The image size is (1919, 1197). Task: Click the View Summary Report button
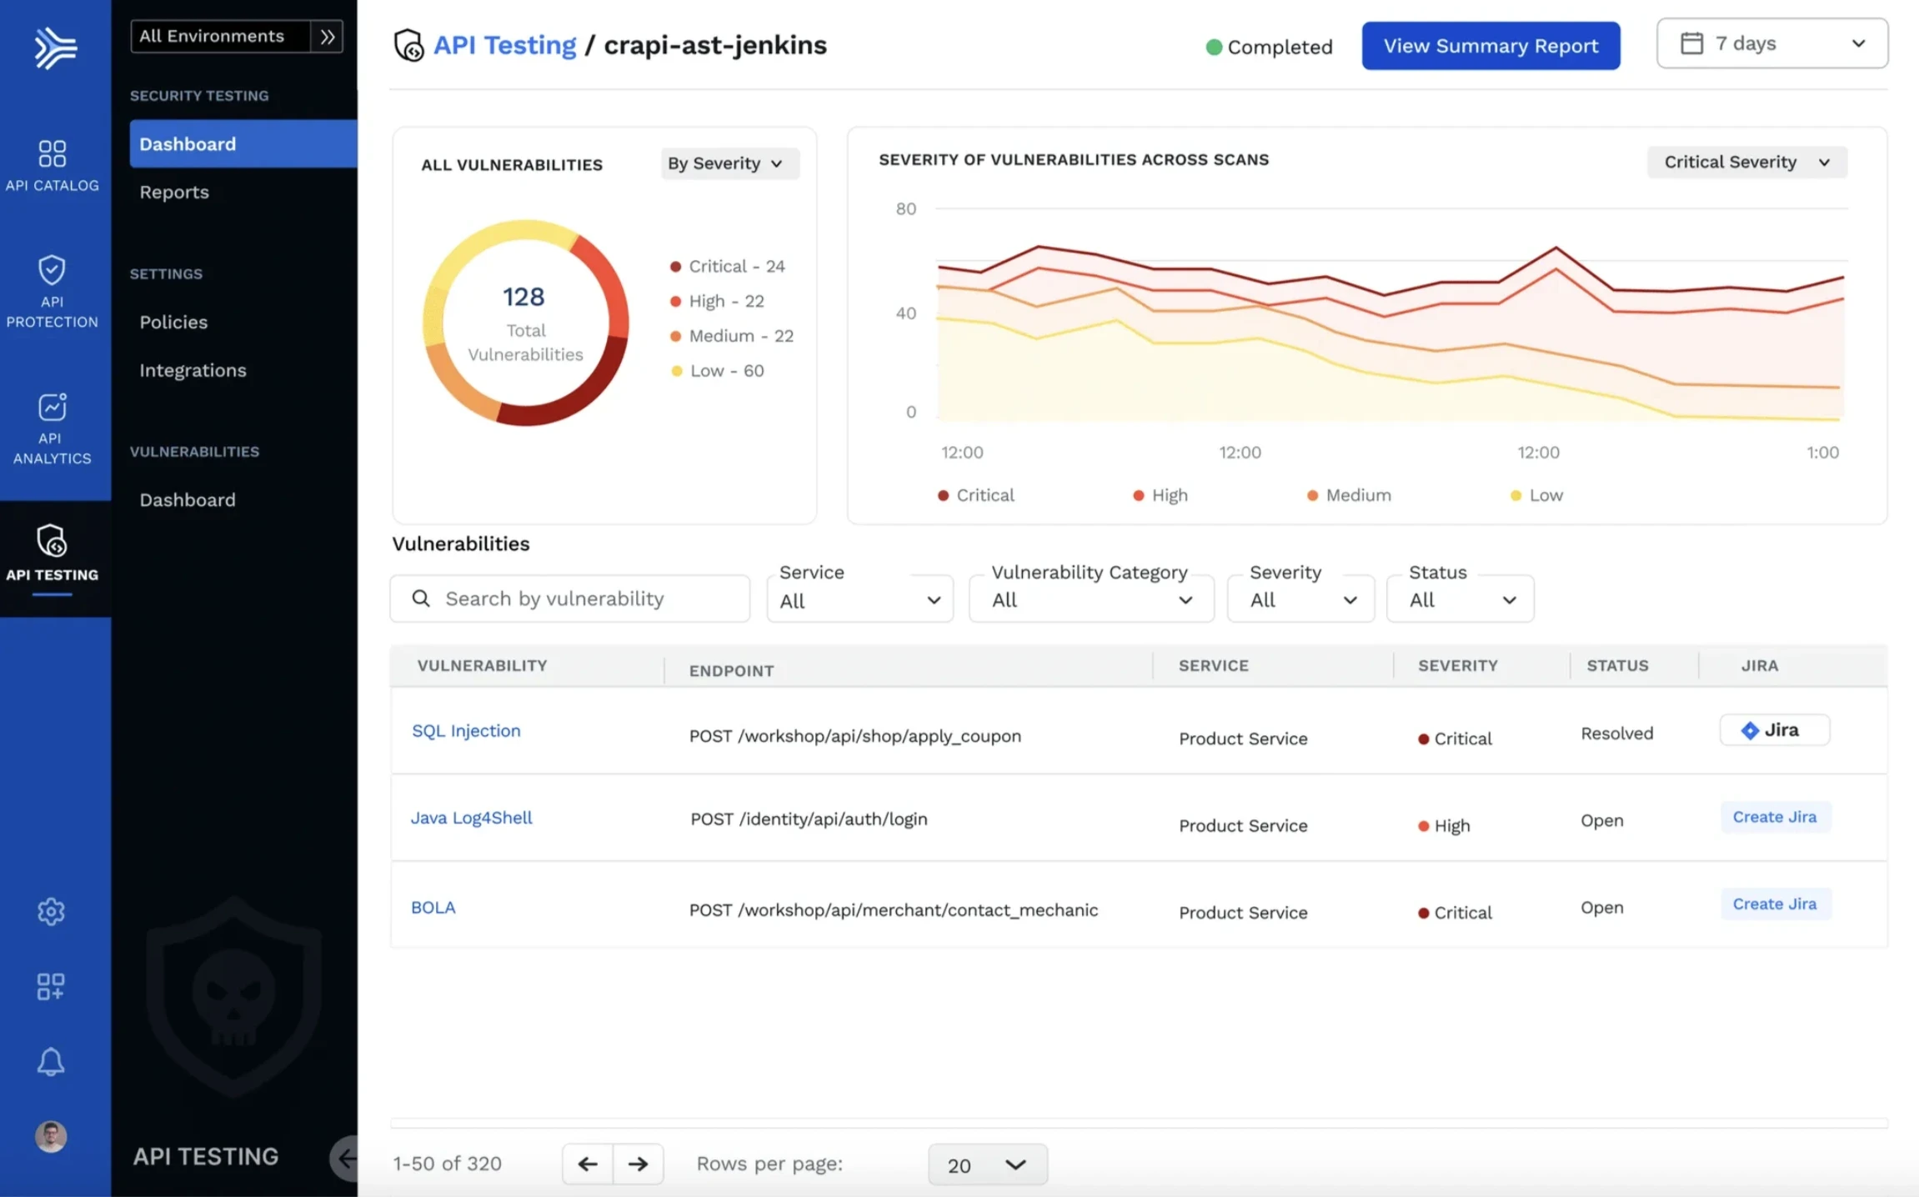click(1491, 46)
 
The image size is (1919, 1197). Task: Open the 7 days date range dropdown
click(1771, 43)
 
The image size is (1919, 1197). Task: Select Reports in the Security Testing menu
click(174, 192)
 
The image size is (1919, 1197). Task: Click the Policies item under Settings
click(173, 322)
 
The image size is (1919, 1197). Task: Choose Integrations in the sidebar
click(193, 370)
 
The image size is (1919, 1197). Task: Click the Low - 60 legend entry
click(725, 371)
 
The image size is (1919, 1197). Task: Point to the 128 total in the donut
click(524, 297)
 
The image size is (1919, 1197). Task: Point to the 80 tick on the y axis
click(905, 208)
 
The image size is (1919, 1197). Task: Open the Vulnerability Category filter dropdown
click(1090, 598)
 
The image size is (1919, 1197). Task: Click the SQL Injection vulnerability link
click(466, 731)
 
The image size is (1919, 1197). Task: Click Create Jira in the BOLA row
click(1774, 904)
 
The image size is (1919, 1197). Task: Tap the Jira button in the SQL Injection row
click(1773, 730)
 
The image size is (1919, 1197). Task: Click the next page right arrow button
click(638, 1164)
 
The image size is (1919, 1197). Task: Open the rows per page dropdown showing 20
click(987, 1164)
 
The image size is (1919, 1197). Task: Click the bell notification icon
click(51, 1062)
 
